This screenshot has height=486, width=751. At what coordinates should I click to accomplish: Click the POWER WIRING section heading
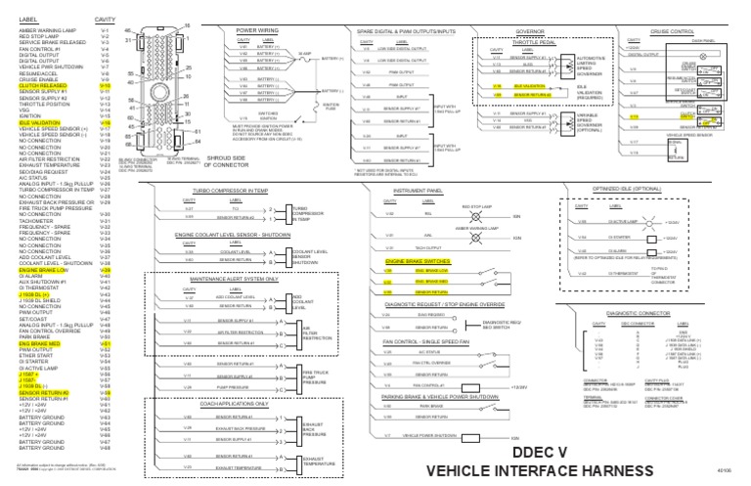(x=259, y=30)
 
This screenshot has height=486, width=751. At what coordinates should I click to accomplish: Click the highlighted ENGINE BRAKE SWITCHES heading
(x=419, y=262)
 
